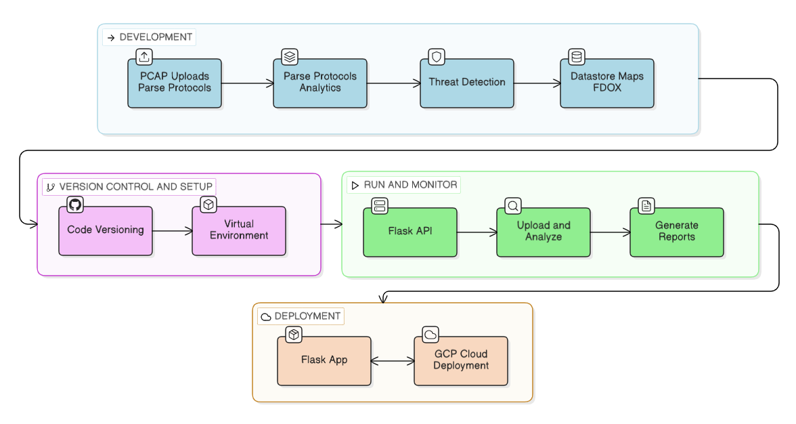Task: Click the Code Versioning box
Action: pyautogui.click(x=106, y=231)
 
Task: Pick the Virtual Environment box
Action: pyautogui.click(x=239, y=231)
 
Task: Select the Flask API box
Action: pyautogui.click(x=410, y=232)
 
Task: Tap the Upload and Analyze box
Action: pyautogui.click(x=544, y=232)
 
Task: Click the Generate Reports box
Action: pyautogui.click(x=677, y=232)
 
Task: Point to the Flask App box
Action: pyautogui.click(x=324, y=361)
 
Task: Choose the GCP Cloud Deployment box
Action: pyautogui.click(x=461, y=361)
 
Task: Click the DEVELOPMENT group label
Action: pyautogui.click(x=150, y=37)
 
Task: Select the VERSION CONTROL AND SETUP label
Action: pyautogui.click(x=129, y=187)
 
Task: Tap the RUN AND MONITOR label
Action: pyautogui.click(x=404, y=185)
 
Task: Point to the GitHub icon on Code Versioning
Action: pyautogui.click(x=75, y=205)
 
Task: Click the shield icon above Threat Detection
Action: pyautogui.click(x=437, y=57)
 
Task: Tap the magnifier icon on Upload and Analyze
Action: pyautogui.click(x=513, y=206)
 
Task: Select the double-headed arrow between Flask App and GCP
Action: pyautogui.click(x=393, y=362)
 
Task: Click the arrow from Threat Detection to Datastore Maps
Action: pyautogui.click(x=537, y=83)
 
